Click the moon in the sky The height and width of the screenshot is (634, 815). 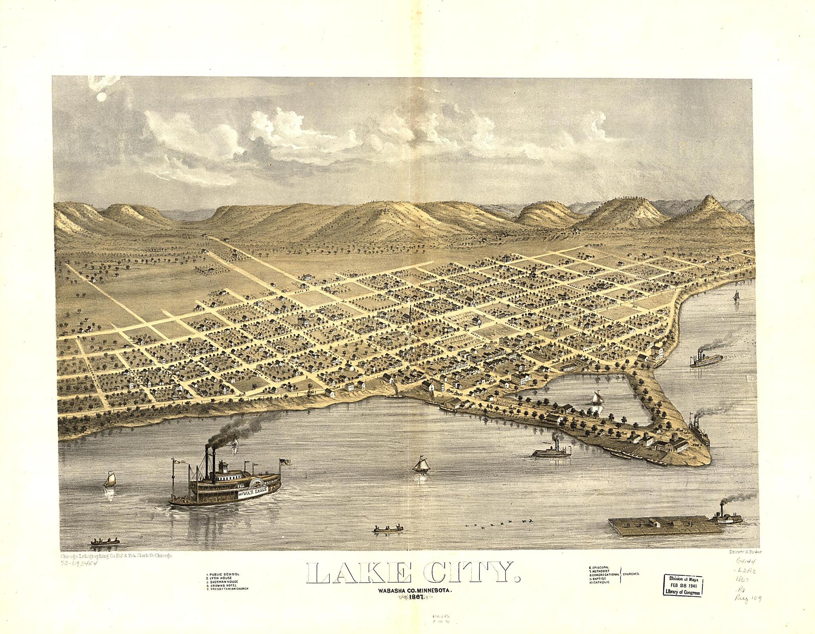(100, 96)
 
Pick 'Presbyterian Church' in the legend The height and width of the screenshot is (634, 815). (228, 589)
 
